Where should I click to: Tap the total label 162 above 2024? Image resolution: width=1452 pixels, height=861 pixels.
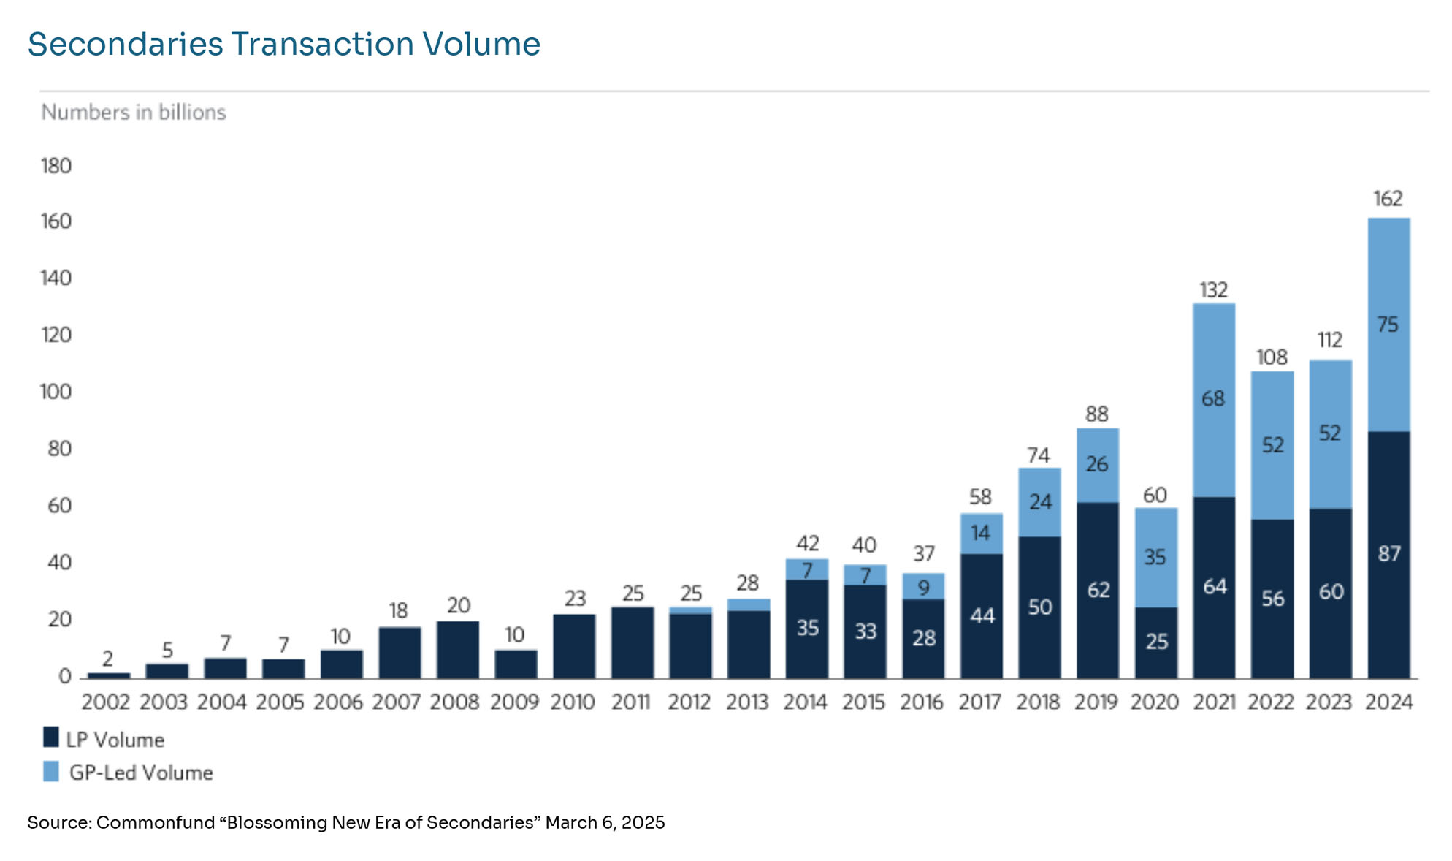[1388, 199]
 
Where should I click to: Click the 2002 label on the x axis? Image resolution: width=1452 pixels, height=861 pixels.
[105, 702]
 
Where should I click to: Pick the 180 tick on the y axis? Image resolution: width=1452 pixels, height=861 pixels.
[56, 166]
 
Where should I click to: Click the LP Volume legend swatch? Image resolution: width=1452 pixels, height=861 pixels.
[51, 737]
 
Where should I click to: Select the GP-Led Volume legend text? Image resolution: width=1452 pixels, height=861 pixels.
[141, 773]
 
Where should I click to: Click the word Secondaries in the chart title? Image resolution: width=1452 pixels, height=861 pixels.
[125, 44]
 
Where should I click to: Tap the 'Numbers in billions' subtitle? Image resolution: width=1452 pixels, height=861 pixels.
[134, 113]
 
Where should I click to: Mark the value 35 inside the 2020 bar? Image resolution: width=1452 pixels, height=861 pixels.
[1155, 558]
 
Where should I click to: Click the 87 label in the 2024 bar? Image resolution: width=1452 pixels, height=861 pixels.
[1388, 554]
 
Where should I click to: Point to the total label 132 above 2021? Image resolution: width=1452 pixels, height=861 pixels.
[1213, 290]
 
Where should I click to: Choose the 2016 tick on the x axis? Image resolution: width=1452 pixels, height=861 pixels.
[922, 702]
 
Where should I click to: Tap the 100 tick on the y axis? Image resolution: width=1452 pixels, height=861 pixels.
[56, 392]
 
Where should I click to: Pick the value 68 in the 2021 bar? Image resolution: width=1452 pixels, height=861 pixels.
[1213, 399]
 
